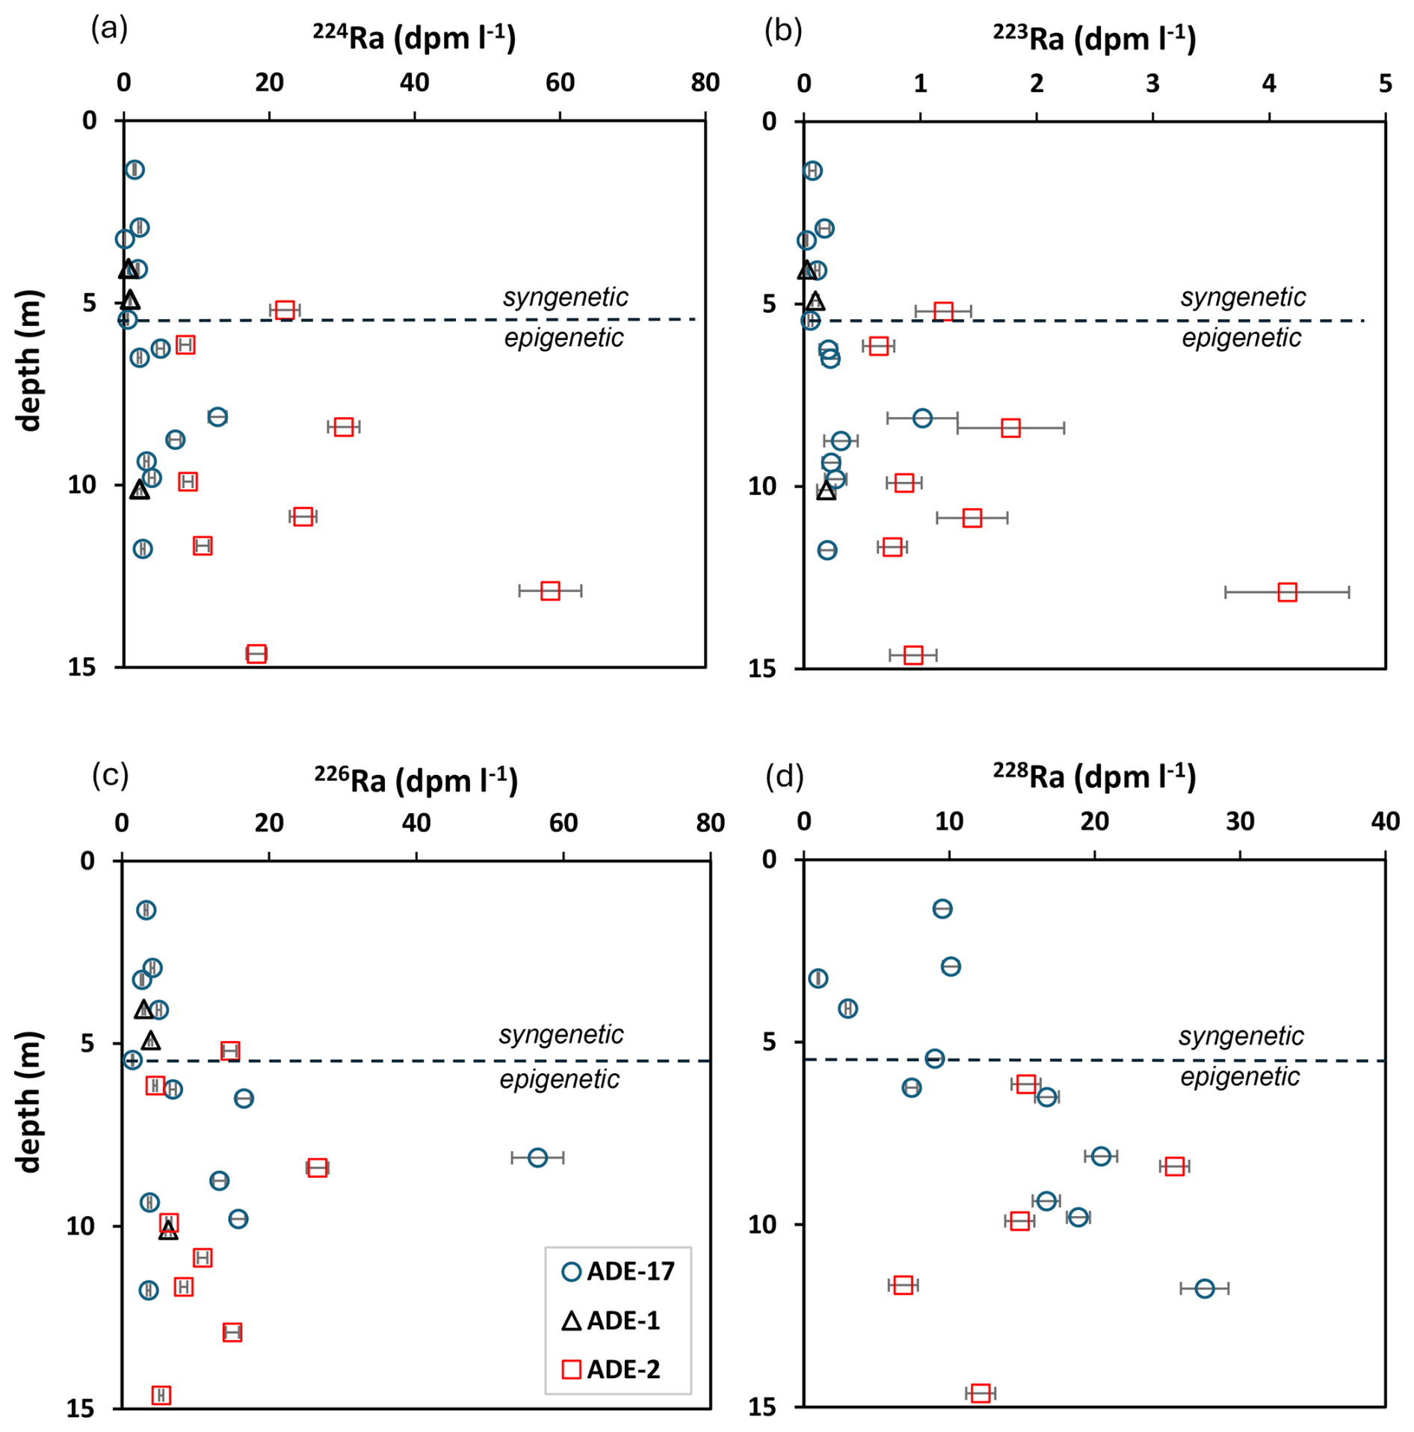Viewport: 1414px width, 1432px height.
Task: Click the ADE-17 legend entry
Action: coord(619,1271)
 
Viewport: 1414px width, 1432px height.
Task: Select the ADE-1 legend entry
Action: coord(611,1320)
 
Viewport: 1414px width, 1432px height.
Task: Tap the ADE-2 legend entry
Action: coord(611,1368)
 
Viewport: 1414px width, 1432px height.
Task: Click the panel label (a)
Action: coord(109,29)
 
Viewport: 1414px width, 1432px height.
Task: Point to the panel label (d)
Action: coord(785,776)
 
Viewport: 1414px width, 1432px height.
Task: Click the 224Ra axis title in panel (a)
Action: coord(414,37)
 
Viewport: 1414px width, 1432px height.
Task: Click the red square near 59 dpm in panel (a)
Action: coord(550,590)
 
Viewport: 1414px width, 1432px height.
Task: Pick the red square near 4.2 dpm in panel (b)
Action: coord(1287,592)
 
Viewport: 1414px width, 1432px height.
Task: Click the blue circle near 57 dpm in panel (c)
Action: coord(537,1157)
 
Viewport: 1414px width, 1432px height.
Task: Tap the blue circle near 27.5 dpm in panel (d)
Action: coord(1204,1288)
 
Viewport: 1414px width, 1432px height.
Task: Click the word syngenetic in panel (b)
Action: coord(1243,297)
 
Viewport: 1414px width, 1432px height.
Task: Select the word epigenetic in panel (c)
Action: coord(560,1078)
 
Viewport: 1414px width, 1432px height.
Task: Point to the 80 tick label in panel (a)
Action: coord(706,82)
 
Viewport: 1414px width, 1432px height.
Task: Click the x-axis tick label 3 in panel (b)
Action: coord(1152,83)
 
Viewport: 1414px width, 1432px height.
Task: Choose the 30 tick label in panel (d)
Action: coord(1240,821)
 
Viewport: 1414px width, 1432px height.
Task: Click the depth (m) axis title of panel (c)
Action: coord(28,1102)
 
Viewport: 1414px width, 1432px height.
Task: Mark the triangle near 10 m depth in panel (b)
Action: coord(826,490)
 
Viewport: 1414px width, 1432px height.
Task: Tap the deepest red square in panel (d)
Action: coord(981,1392)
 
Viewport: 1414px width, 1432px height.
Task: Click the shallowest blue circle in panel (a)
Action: coord(135,170)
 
